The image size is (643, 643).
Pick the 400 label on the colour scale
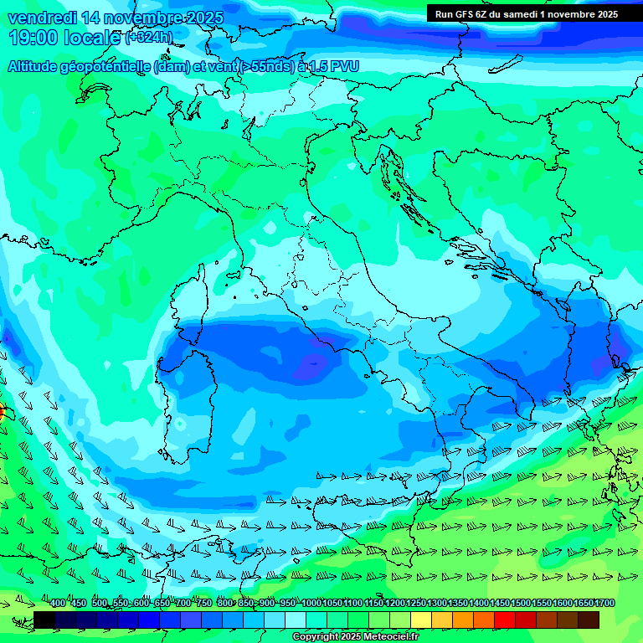pyautogui.click(x=58, y=604)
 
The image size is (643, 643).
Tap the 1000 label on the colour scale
pyautogui.click(x=311, y=604)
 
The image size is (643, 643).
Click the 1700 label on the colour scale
pyautogui.click(x=604, y=604)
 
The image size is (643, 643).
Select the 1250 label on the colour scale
pyautogui.click(x=416, y=604)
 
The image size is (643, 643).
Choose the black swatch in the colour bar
pyautogui.click(x=44, y=620)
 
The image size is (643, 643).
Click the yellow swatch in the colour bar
pyautogui.click(x=421, y=620)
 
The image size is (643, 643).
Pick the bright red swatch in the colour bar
pyautogui.click(x=505, y=620)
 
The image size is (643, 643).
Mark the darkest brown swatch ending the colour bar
pyautogui.click(x=589, y=620)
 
